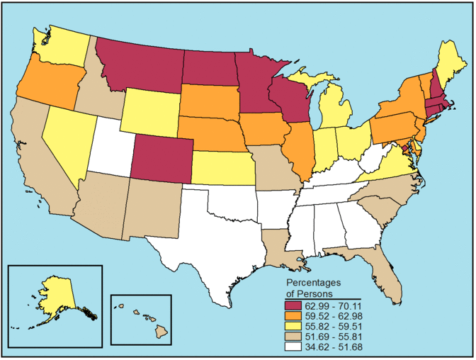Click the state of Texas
[x=212, y=241]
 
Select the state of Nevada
[x=71, y=142]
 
